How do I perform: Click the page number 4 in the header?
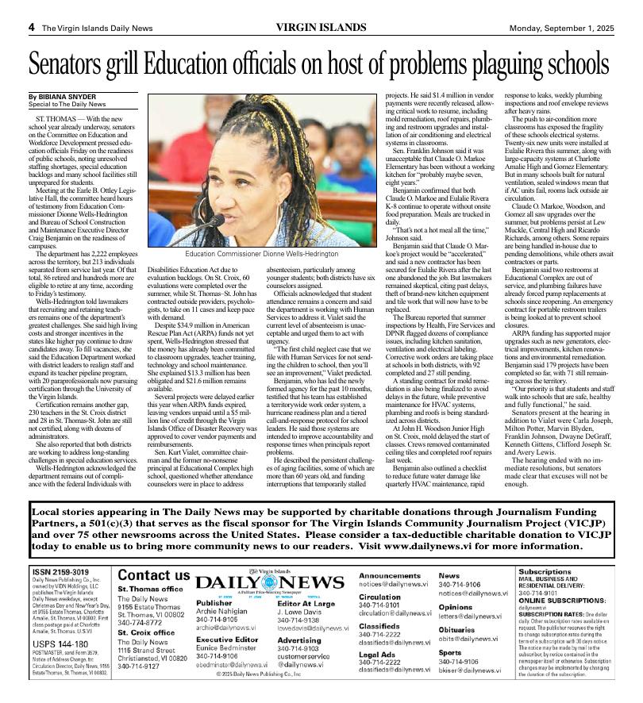click(x=32, y=27)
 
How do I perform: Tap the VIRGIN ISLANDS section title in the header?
click(x=321, y=27)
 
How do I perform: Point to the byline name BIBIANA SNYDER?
click(x=65, y=96)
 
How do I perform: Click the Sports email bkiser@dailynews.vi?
click(x=471, y=670)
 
